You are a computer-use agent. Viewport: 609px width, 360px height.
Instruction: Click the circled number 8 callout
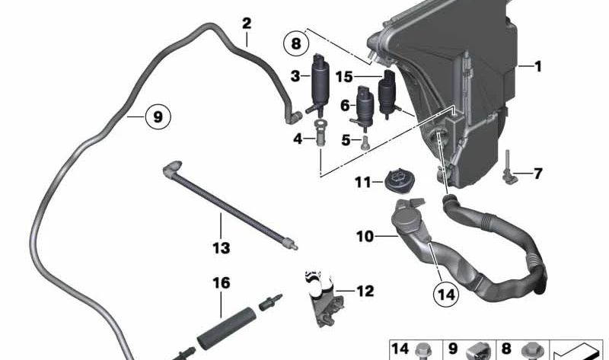coord(296,43)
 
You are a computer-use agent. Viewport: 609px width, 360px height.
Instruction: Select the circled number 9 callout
coord(158,116)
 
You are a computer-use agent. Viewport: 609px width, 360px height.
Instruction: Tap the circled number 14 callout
coord(446,295)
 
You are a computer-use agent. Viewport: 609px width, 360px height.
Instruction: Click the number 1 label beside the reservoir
coord(538,66)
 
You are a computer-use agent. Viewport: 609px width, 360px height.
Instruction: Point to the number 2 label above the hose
coord(247,24)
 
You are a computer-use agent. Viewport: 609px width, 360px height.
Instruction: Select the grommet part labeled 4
coord(320,132)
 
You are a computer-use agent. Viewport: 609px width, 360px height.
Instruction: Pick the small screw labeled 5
coord(365,142)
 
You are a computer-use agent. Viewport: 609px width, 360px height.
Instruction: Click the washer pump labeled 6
coord(363,106)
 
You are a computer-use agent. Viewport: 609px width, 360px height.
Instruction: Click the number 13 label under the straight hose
coord(222,248)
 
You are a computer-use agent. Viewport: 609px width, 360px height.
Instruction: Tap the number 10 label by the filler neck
coord(365,236)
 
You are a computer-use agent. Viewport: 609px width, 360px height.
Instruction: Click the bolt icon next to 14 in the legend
coord(422,351)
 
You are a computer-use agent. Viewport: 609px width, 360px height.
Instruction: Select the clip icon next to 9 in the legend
coord(477,352)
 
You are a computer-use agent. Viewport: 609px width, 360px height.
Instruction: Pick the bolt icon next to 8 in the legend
coord(529,351)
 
